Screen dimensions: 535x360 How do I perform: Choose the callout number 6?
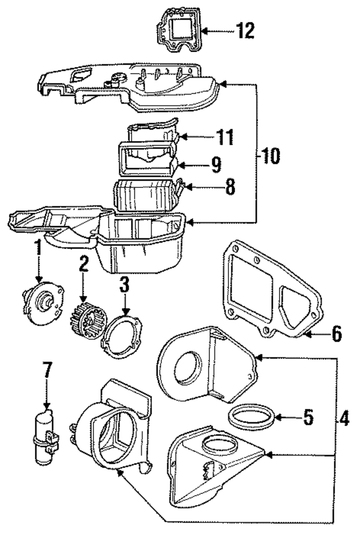336,334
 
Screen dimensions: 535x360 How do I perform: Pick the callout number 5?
308,417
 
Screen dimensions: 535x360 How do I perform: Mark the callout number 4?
343,419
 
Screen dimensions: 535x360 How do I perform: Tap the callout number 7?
47,371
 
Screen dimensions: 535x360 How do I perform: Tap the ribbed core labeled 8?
145,194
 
